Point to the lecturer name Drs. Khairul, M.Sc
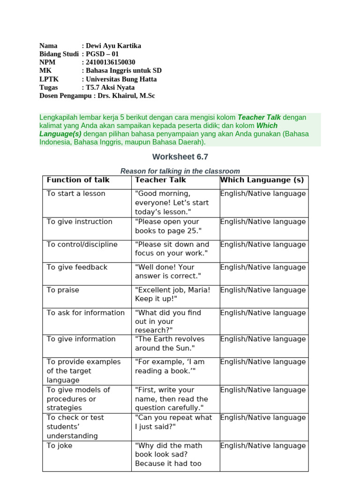click(126, 96)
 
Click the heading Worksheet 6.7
click(180, 157)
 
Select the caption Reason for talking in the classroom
click(180, 171)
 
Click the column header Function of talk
click(78, 180)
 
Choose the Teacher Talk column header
click(160, 180)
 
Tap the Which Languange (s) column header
click(262, 180)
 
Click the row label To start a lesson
click(76, 194)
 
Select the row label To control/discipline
click(82, 244)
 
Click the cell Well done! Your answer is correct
click(168, 271)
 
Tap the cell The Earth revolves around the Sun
click(170, 344)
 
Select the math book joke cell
click(168, 455)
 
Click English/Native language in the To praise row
click(262, 290)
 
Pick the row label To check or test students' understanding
click(75, 427)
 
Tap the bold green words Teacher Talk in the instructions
click(259, 117)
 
